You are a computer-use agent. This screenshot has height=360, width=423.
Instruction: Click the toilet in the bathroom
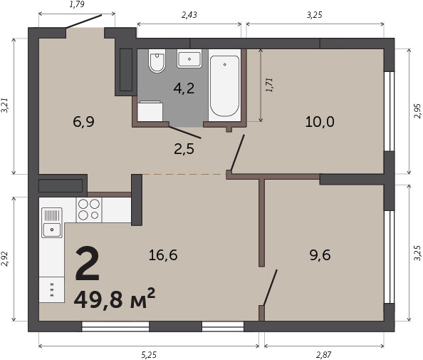point(157,61)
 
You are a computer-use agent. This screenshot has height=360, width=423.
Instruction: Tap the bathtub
point(224,86)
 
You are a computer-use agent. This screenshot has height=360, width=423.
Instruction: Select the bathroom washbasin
point(189,58)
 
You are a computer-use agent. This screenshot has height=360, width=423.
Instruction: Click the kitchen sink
point(52,222)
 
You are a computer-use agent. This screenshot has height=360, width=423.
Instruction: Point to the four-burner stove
point(89,210)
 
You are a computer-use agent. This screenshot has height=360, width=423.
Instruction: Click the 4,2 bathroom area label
point(184,88)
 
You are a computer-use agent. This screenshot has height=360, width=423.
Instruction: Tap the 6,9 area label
point(83,122)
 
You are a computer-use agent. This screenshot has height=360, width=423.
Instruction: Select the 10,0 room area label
point(320,121)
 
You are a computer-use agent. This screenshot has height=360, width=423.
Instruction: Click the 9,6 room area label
point(320,255)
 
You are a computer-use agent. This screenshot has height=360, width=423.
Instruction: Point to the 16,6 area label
point(163,255)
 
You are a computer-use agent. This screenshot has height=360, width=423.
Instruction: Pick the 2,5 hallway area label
point(184,149)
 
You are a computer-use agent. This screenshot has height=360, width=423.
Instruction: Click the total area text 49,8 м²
point(115,299)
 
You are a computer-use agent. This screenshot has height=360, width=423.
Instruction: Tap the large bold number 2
point(88,263)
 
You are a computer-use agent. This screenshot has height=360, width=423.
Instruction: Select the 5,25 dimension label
point(149,354)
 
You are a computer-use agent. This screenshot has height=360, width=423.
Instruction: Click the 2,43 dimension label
point(189,15)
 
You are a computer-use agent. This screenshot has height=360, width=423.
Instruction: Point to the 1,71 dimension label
point(269,85)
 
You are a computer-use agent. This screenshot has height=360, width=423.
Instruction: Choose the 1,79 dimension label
point(77,4)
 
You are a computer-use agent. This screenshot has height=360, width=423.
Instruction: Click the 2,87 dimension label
point(324,354)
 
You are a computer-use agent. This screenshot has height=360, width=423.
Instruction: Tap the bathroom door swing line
point(185,133)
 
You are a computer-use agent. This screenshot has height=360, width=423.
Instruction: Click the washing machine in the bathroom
point(150,111)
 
